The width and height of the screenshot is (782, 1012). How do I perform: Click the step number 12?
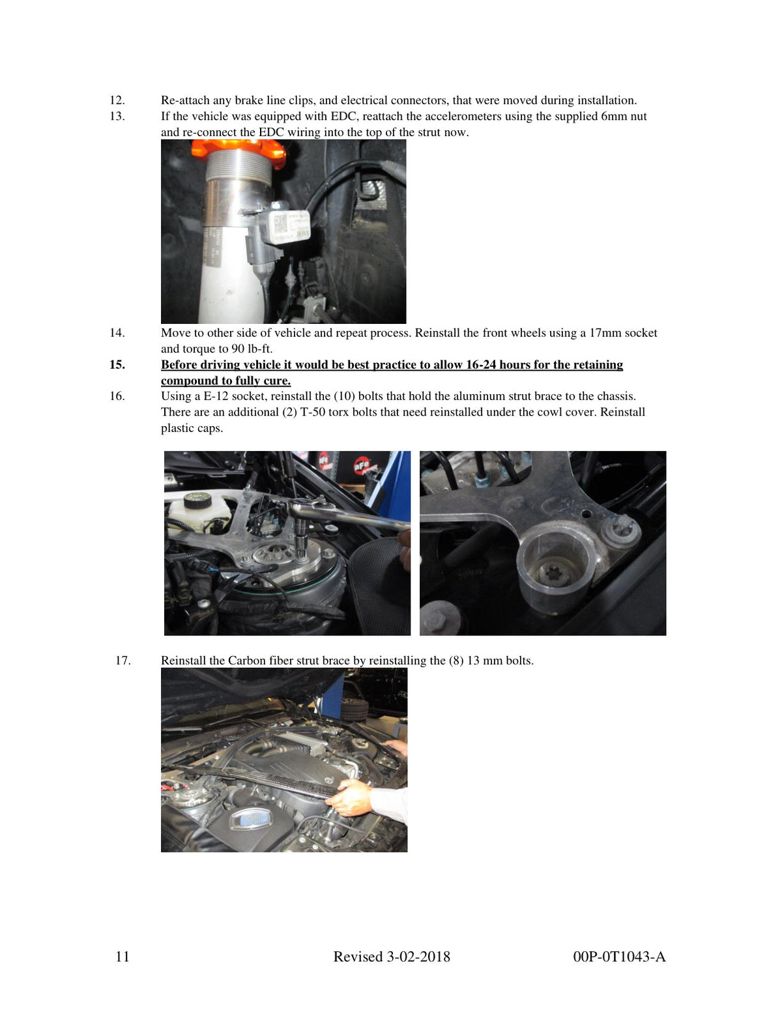[x=117, y=100]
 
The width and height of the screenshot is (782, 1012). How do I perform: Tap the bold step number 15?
[x=117, y=364]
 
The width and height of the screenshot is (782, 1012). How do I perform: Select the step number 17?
[x=123, y=660]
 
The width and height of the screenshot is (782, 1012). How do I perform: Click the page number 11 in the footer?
[x=122, y=957]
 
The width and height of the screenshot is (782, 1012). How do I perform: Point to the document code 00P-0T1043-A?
[x=619, y=957]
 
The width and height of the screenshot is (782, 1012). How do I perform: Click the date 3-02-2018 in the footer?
[x=418, y=957]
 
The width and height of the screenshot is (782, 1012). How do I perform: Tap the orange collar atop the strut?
[x=238, y=151]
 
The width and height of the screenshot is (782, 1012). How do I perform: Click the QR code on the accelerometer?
[x=280, y=224]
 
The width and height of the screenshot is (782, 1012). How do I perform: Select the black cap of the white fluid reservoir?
[x=197, y=500]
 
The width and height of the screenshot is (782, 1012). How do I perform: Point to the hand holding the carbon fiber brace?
[x=349, y=798]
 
